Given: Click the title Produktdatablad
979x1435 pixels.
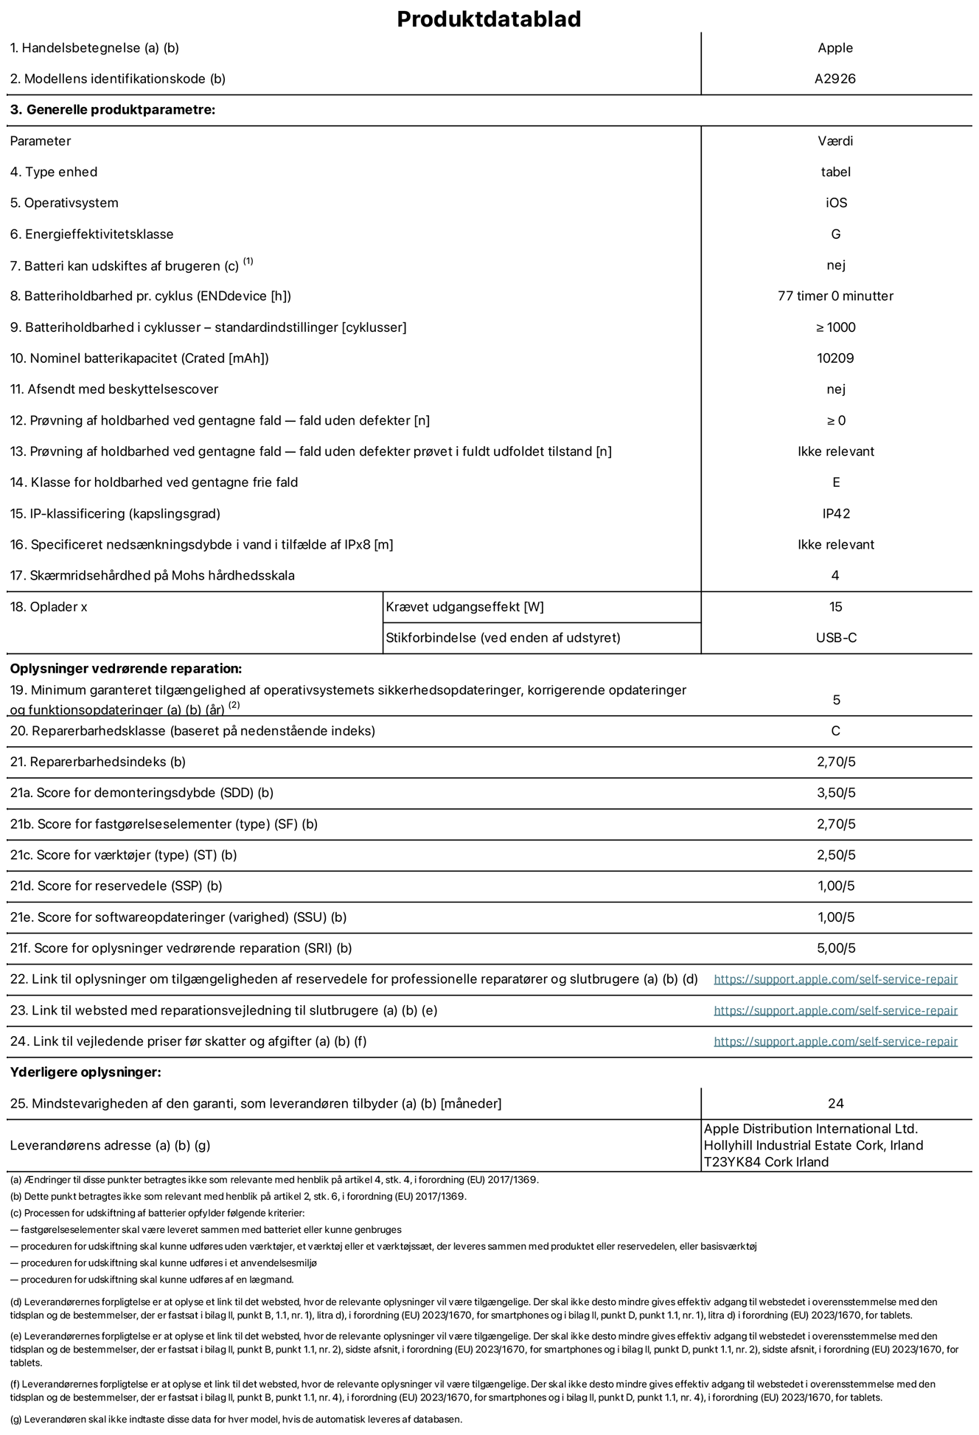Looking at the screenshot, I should pos(489,19).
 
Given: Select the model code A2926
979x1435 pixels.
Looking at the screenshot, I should pos(835,79).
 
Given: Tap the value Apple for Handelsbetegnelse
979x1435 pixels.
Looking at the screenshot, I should pos(835,48).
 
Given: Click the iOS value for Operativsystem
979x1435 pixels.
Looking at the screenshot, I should pos(836,203).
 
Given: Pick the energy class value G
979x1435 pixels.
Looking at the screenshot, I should pos(835,234).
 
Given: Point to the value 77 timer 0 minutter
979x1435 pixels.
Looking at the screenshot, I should pos(835,296).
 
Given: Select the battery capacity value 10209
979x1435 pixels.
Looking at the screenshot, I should pos(835,358).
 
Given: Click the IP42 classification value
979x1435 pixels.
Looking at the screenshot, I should pos(835,514).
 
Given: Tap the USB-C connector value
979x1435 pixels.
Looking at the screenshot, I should pos(835,638).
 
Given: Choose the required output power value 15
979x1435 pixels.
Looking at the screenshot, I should pos(835,607).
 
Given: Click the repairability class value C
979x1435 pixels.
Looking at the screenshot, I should pos(835,732).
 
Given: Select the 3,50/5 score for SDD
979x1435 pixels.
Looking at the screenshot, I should pos(835,793).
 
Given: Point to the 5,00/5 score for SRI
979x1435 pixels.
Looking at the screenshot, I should pos(835,948).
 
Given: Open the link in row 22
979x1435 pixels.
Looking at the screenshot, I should pos(835,979).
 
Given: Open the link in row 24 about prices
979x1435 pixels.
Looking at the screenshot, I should pos(835,1041).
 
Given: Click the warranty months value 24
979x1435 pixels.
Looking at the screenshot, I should pos(835,1104).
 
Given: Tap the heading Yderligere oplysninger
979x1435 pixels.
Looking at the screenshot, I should pos(86,1072).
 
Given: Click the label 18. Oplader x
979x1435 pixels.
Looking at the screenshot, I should pos(49,607).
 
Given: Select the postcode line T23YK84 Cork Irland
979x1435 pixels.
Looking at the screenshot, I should pos(766,1162).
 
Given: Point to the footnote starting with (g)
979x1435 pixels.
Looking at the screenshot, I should pos(236,1419).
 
